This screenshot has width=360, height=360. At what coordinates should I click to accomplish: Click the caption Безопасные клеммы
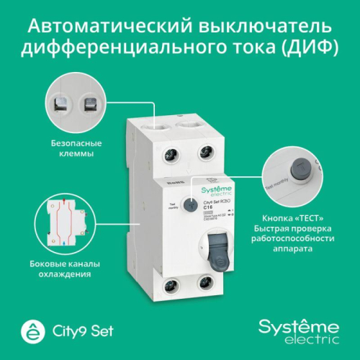coord(76,148)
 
